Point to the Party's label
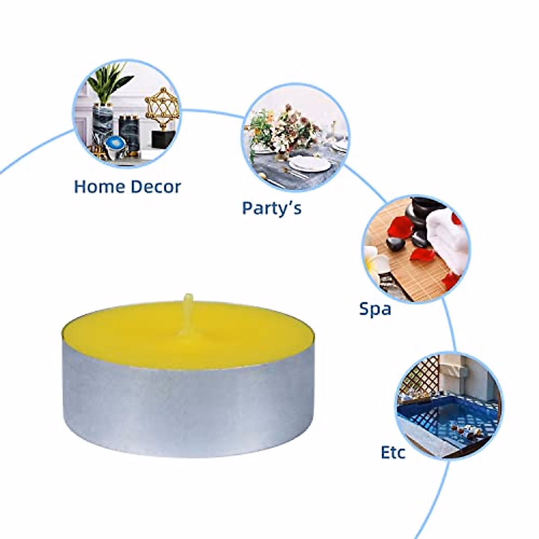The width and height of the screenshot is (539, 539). pos(272,208)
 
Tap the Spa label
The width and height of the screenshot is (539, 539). pos(375,309)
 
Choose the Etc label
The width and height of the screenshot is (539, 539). pos(393,452)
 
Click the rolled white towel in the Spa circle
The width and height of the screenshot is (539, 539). pos(449,238)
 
